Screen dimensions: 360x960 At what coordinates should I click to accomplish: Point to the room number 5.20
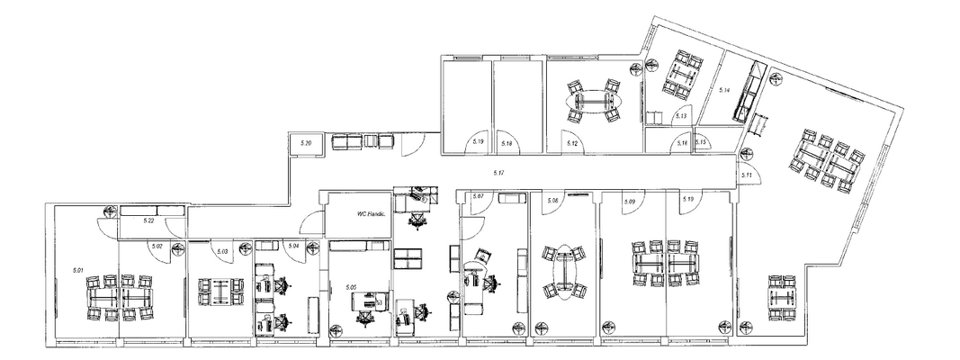coord(306,144)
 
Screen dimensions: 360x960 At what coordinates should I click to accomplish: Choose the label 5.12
coord(570,143)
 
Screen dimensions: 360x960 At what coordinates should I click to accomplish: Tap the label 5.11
coord(746,174)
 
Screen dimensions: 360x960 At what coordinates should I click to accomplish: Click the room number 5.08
coord(553,201)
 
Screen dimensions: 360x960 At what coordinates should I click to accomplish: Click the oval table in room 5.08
coord(562,273)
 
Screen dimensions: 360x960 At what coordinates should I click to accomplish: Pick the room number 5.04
coord(292,245)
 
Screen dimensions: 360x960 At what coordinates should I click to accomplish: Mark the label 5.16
coord(683,143)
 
